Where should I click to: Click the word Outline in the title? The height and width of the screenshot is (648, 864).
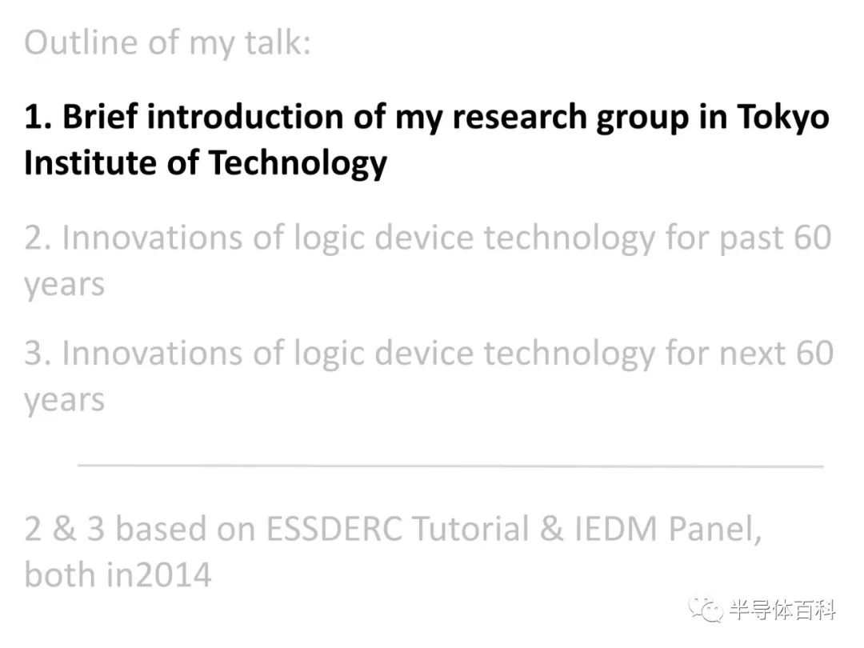(81, 42)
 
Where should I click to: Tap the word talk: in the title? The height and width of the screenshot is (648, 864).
(278, 42)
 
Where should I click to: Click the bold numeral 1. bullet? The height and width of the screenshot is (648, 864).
(38, 117)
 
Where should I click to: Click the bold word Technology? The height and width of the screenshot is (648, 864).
(298, 165)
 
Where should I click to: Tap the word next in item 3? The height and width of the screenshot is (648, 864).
(753, 354)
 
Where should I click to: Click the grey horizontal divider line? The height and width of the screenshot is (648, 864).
(450, 466)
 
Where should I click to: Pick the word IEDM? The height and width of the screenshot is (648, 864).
(616, 529)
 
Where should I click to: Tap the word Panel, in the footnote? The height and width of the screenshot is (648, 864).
(714, 530)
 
